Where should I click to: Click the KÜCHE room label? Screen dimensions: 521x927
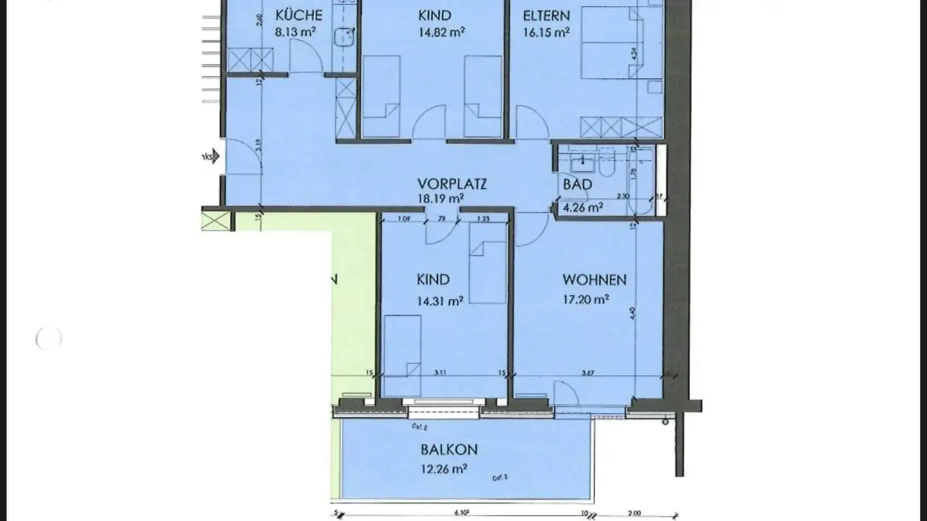point(299,15)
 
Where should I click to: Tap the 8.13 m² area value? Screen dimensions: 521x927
point(295,32)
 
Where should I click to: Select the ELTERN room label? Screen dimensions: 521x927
point(546,15)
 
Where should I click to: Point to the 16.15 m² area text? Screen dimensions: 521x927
point(546,32)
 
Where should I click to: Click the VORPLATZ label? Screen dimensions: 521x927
point(451,184)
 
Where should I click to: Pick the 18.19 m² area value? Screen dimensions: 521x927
point(442,199)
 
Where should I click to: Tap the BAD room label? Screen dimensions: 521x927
point(577,185)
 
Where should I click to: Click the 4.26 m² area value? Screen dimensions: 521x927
point(583,207)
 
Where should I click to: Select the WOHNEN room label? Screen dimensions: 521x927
point(594,280)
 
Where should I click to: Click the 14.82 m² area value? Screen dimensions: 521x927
point(442,32)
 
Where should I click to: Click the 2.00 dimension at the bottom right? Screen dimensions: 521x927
point(635,514)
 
